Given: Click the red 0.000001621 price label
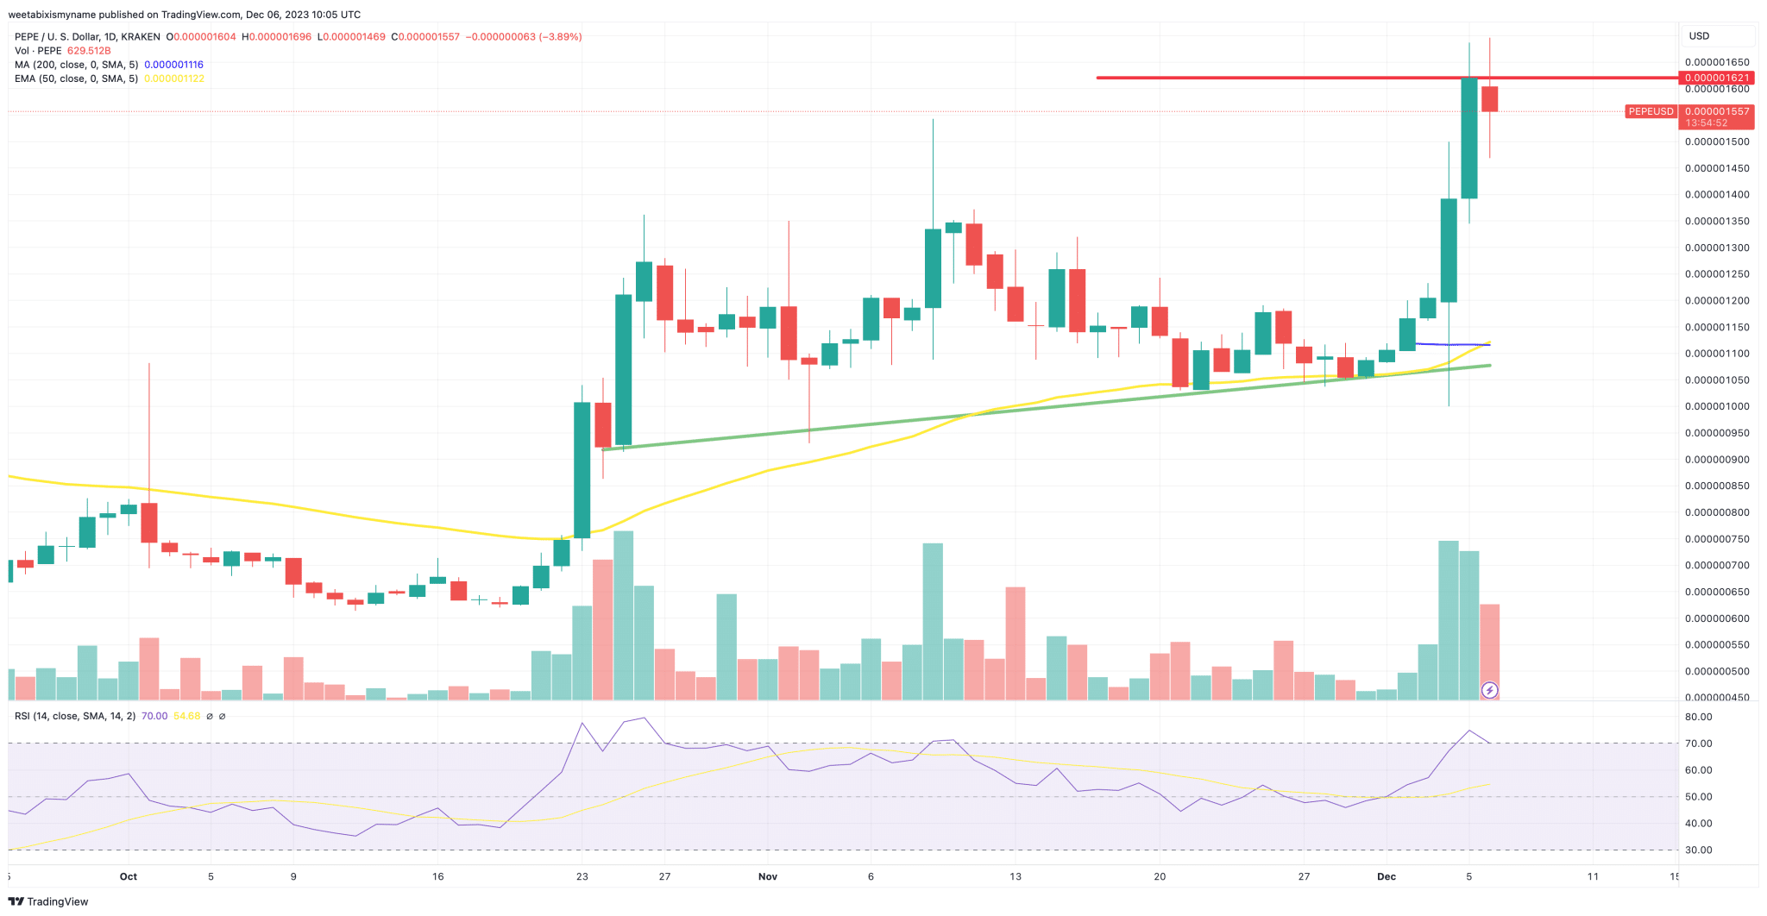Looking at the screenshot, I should [1717, 78].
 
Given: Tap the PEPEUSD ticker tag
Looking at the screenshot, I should [1650, 111].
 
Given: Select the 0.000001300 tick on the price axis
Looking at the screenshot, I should [1717, 248].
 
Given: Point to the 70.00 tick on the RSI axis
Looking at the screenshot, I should [1698, 743].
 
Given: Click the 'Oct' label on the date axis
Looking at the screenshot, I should [129, 876].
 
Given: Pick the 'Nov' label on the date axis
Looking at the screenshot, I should [767, 876].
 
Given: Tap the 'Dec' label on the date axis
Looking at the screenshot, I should [1386, 876].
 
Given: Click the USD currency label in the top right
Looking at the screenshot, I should [1698, 36].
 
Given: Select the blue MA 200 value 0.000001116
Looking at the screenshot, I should [173, 65].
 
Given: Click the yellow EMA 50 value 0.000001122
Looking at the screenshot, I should [173, 78].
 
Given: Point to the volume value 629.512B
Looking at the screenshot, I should [89, 51].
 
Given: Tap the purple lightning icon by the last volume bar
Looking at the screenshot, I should [1489, 690].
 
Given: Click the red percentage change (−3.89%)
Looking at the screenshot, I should [560, 37].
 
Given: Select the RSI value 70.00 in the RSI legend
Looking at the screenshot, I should [154, 716].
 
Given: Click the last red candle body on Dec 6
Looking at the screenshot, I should [1489, 98].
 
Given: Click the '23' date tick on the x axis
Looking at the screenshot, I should [582, 876].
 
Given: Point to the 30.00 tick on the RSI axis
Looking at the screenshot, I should [1698, 850].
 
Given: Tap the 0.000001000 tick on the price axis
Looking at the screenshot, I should [1717, 406].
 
